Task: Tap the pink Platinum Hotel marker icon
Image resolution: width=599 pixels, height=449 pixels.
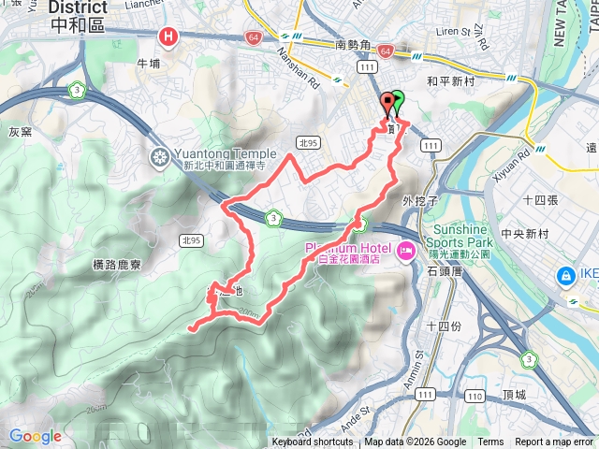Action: click(405, 249)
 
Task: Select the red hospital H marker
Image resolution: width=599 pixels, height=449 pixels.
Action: click(168, 37)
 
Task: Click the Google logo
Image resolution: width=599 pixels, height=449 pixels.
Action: click(35, 436)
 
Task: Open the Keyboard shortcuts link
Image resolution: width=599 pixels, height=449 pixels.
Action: click(313, 442)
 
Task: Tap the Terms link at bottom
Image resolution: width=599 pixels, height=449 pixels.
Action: click(490, 442)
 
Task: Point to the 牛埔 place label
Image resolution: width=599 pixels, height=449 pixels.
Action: click(149, 64)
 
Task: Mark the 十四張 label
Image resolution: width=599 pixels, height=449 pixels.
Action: click(540, 200)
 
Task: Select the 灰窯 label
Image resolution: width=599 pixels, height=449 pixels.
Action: click(20, 132)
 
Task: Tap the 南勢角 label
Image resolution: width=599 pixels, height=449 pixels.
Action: click(354, 43)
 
